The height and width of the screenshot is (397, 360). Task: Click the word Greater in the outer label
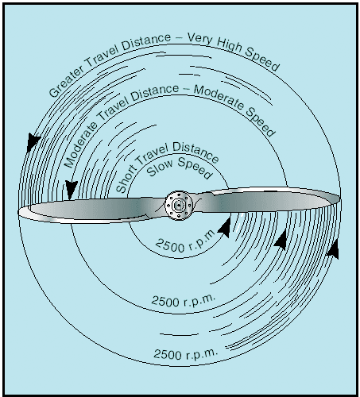[x=67, y=81]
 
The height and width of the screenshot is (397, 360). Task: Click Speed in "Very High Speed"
[x=262, y=60]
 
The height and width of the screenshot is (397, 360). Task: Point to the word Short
[x=126, y=178]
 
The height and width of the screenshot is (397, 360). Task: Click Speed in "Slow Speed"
[x=195, y=168]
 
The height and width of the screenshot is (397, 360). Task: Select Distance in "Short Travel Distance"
[x=196, y=152]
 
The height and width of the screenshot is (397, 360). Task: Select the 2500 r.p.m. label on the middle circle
[x=184, y=300]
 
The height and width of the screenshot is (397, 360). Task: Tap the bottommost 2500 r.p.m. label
[x=186, y=353]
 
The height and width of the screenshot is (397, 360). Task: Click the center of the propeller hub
[x=179, y=205]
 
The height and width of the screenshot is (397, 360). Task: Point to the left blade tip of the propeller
[x=19, y=213]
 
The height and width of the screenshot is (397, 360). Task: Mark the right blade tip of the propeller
[x=339, y=198]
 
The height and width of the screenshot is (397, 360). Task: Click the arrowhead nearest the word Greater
[x=33, y=142]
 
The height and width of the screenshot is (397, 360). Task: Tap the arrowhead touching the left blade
[x=71, y=189]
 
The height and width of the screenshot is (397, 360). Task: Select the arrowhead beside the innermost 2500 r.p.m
[x=225, y=228]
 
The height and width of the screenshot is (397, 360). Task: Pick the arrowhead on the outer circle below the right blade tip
[x=333, y=249]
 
